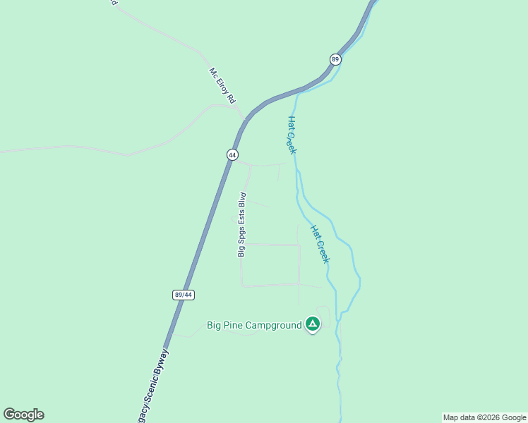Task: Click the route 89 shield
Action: pos(335,60)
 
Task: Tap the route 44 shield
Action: pos(232,154)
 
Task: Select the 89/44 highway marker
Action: pos(182,295)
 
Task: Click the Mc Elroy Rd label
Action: pos(222,86)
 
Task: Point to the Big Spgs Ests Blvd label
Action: pos(241,224)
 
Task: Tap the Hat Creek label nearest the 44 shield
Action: pos(291,135)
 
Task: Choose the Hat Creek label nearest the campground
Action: pos(320,245)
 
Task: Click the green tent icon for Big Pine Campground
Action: pos(313,324)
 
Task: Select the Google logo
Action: pos(23,415)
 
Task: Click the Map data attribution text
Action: pos(484,417)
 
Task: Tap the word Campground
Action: pos(274,325)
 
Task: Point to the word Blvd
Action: pos(242,199)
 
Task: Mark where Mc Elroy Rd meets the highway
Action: pos(245,120)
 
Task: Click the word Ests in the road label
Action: pos(241,219)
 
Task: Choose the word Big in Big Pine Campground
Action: pos(215,325)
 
